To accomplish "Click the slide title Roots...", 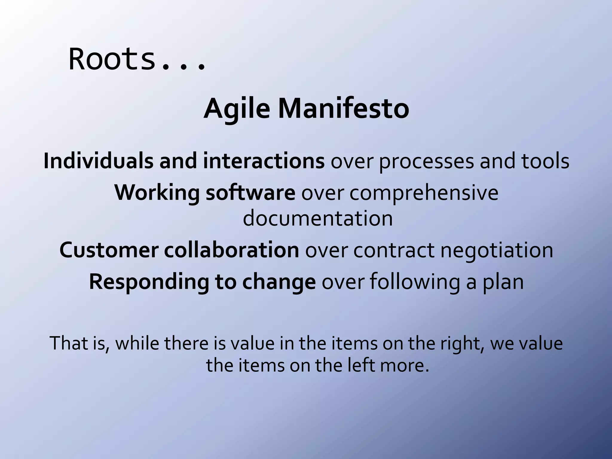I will [137, 59].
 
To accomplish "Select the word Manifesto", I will [344, 109].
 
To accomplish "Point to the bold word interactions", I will [264, 161].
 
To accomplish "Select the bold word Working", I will [157, 193].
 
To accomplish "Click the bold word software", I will [250, 192].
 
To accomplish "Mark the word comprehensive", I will [424, 193].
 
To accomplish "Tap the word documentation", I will [318, 218].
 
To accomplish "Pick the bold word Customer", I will [109, 250].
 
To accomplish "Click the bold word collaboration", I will [231, 250].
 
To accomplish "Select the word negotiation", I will [497, 251].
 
